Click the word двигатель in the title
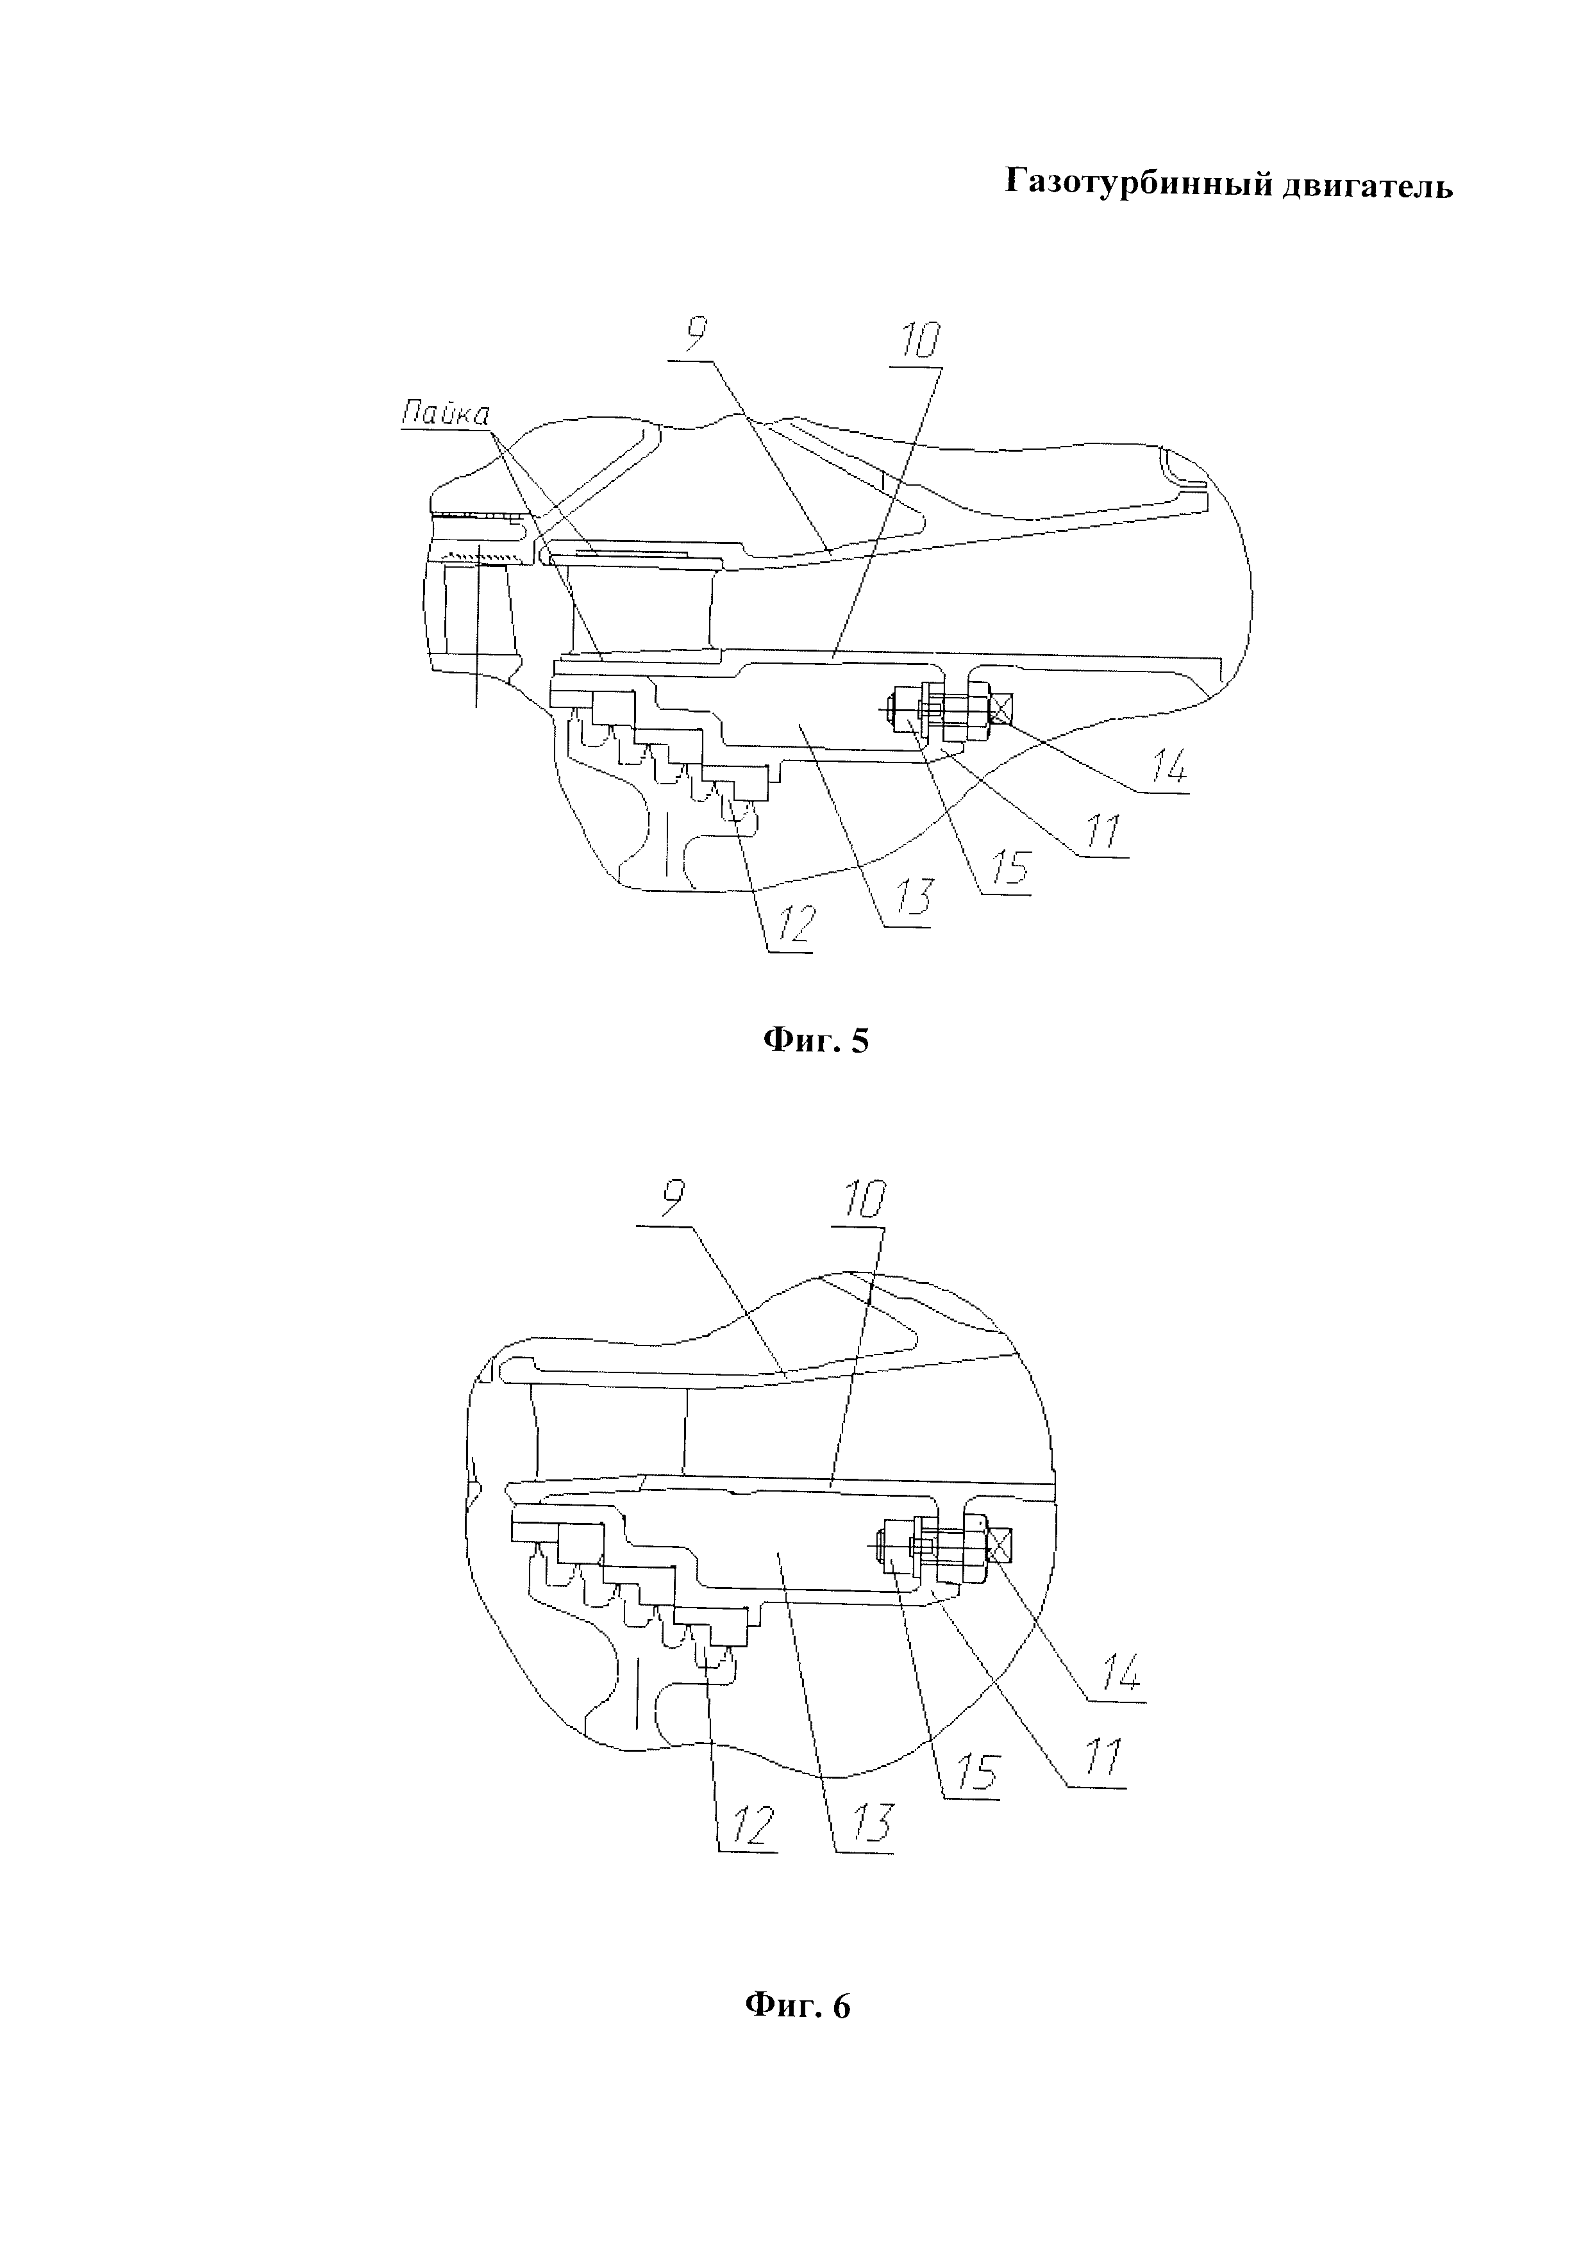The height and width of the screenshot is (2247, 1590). [x=1368, y=185]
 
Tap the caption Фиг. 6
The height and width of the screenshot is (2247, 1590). [x=798, y=2006]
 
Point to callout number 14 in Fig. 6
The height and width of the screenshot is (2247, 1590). [x=1120, y=1677]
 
